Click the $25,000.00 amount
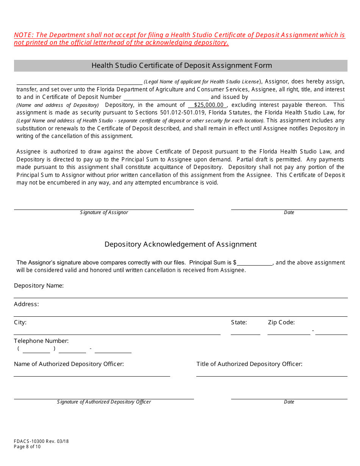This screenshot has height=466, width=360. click(207, 105)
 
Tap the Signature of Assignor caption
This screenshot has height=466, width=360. click(104, 213)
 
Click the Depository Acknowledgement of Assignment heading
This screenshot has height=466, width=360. click(180, 244)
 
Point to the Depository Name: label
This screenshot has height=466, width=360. click(39, 286)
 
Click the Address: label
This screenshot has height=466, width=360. click(26, 304)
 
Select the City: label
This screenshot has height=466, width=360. click(20, 322)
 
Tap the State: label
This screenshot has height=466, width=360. click(239, 322)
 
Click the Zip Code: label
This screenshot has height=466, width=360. click(281, 322)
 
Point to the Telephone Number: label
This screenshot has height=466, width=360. click(41, 341)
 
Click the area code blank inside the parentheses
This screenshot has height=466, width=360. click(36, 349)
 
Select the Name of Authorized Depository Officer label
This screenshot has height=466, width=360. click(69, 364)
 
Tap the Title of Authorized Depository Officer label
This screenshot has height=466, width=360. click(249, 364)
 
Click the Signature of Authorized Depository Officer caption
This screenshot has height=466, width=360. click(104, 402)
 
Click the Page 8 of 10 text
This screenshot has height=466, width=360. click(27, 447)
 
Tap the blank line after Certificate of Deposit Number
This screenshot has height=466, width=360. click(166, 97)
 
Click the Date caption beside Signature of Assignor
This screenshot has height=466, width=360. click(289, 213)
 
